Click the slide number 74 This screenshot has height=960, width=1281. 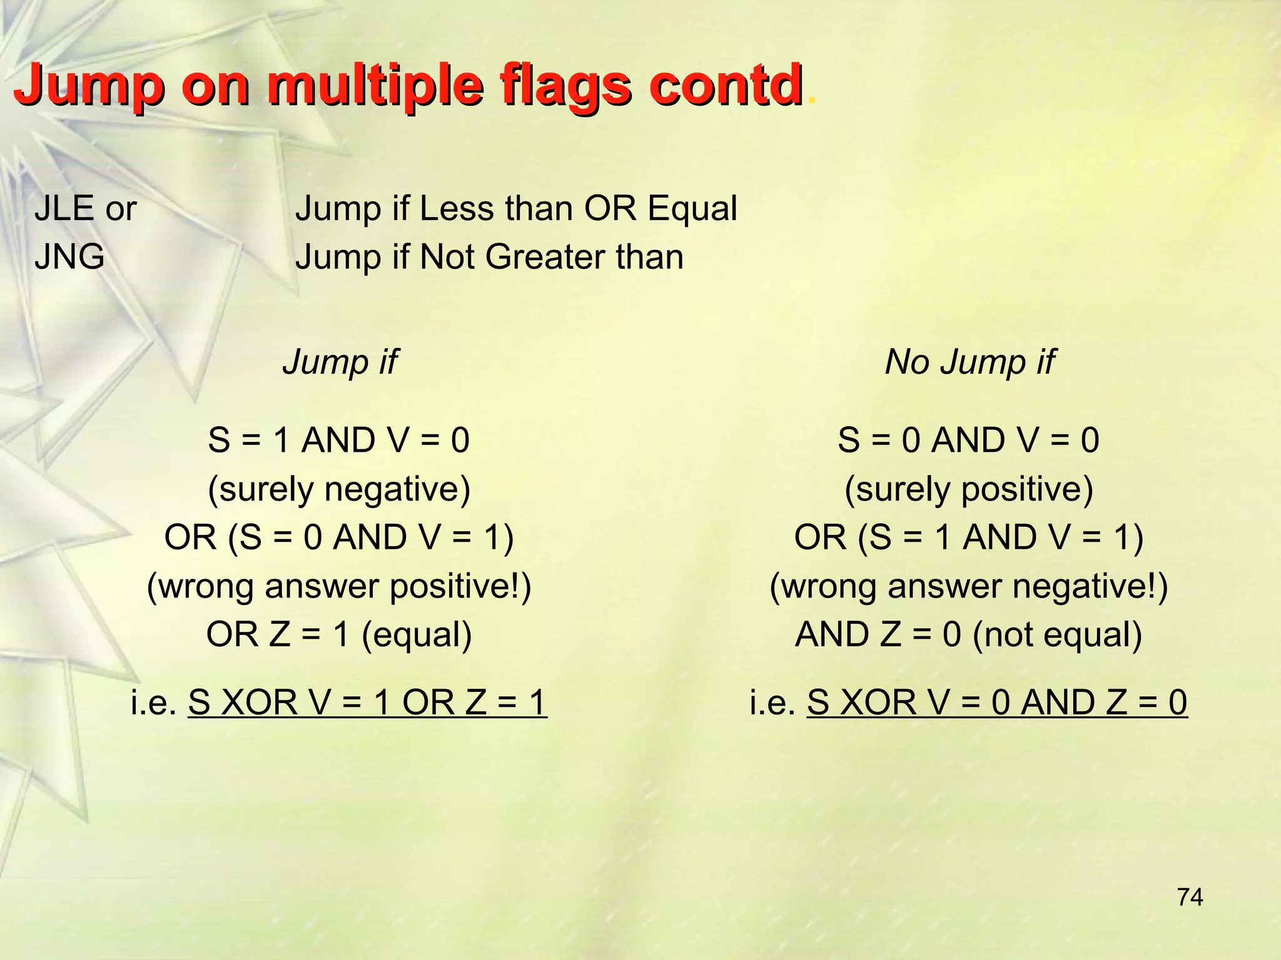tap(1190, 897)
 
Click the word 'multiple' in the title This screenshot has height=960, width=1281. tap(375, 86)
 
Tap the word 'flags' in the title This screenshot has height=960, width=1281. tap(563, 86)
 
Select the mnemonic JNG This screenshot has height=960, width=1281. tap(69, 257)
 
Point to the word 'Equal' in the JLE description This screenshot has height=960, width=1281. tap(692, 208)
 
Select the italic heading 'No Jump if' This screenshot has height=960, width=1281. tap(969, 362)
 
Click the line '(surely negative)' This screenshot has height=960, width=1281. tap(339, 489)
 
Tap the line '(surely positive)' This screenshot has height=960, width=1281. tap(968, 489)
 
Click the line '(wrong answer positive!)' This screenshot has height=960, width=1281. tap(339, 586)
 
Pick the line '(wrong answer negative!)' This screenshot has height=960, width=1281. tap(968, 586)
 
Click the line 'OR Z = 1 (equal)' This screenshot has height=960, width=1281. tap(339, 634)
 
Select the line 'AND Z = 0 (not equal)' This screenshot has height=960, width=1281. tap(968, 634)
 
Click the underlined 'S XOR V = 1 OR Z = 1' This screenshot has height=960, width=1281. tap(367, 702)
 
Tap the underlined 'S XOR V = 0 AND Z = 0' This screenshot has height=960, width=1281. tap(996, 702)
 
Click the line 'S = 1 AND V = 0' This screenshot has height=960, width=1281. tap(339, 440)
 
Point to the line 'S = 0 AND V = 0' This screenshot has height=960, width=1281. tap(968, 440)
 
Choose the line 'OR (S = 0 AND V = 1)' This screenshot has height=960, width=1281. tap(339, 537)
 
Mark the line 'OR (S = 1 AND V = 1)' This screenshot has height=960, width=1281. tap(968, 537)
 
